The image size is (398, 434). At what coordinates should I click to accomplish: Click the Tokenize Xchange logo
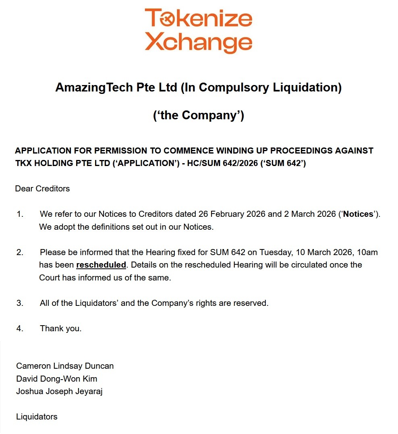point(199,30)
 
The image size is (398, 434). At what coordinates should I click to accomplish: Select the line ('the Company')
point(199,115)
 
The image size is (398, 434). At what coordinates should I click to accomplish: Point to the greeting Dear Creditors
point(42,189)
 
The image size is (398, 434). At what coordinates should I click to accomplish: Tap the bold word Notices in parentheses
point(358,214)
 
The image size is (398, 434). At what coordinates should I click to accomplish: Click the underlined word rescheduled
point(101,265)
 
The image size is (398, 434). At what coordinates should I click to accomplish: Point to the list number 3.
point(20,303)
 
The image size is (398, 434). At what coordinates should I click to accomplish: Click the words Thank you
point(60,328)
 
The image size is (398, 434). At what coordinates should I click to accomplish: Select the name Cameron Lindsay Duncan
point(65,366)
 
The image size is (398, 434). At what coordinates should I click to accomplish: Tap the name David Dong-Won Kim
point(56,379)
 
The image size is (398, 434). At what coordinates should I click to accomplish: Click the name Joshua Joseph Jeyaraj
point(59,391)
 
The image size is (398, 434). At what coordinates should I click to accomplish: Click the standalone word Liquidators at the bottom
point(37,417)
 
